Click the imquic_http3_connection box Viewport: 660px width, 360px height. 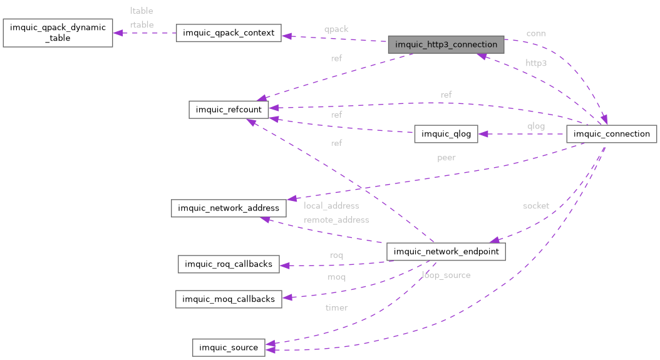point(446,44)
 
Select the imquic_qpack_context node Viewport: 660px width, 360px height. point(229,33)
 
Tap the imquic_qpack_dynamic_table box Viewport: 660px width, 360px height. point(58,33)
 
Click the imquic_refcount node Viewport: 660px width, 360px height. point(229,110)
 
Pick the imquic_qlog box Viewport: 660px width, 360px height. point(446,134)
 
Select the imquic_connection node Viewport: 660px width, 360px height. point(611,134)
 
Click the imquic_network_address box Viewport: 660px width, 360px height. point(229,208)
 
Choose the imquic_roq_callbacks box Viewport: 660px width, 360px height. point(229,264)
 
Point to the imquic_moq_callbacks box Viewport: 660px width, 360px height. point(229,299)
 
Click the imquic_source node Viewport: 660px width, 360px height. point(229,347)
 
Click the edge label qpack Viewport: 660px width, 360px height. point(336,29)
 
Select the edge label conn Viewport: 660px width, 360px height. point(535,33)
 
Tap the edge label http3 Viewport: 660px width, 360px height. point(536,63)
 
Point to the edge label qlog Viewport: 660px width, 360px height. point(536,126)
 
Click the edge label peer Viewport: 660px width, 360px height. point(446,157)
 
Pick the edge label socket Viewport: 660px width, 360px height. point(536,205)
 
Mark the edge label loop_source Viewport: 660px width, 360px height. point(446,275)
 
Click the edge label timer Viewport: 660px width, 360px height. point(336,307)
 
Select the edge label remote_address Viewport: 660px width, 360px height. point(336,220)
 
